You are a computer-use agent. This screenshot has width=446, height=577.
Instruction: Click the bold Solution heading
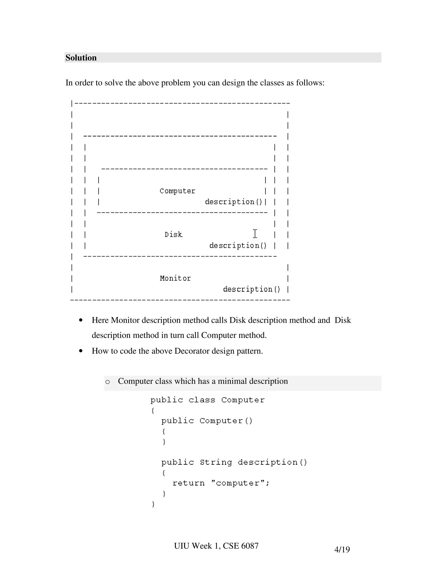coord(81,58)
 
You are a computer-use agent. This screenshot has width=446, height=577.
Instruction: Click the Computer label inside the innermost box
coord(177,191)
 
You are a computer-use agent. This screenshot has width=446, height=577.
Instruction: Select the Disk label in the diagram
coord(173,235)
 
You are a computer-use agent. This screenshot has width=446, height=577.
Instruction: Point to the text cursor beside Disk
coord(255,234)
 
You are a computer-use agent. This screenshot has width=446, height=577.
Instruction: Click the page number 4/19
coord(342,549)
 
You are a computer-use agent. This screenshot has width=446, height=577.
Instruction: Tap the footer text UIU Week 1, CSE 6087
coord(216,546)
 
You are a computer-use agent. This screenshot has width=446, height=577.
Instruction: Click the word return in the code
coord(188,483)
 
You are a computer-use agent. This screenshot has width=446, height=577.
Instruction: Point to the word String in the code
coord(216,462)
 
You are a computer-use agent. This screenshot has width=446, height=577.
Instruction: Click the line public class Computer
coord(207,400)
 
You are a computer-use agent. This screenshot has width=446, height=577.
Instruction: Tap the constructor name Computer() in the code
coord(226,421)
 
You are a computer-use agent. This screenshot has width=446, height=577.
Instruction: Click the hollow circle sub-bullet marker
coord(107,382)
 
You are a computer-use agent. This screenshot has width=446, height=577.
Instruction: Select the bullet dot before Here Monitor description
coord(81,320)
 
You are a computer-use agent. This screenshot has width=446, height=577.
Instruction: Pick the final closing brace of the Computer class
coord(153,504)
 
